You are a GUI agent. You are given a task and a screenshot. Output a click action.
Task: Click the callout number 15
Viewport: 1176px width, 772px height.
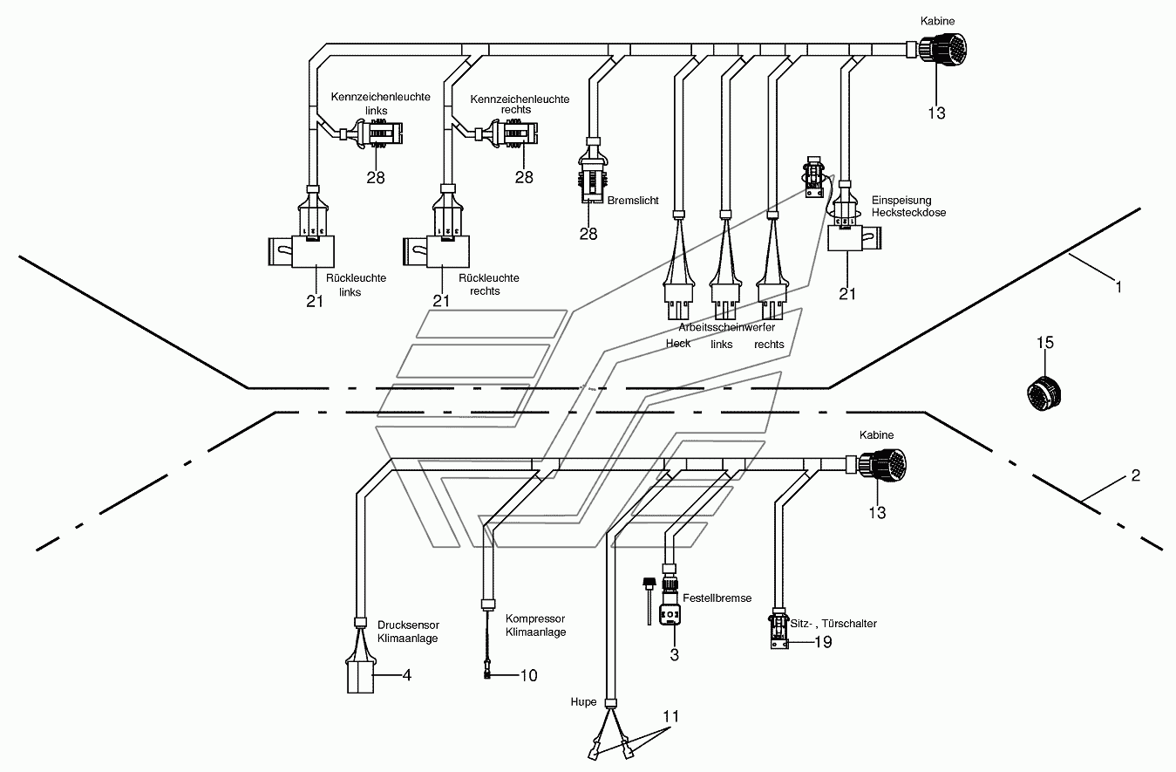1044,343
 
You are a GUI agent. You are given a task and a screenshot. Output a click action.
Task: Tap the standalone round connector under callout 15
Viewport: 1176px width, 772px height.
1043,393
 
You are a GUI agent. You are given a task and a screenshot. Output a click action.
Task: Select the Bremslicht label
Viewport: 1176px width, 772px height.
633,200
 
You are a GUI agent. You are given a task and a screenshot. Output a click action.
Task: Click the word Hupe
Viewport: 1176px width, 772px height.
583,701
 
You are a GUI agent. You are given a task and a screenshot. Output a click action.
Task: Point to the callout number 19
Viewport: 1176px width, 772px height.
823,642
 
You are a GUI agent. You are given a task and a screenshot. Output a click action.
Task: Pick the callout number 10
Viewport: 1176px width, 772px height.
528,675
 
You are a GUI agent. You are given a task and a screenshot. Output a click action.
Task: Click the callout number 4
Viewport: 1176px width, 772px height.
407,675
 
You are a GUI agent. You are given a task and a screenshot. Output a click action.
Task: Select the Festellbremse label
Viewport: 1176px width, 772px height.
717,598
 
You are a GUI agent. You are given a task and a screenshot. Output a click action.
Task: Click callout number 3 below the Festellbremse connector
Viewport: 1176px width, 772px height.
674,655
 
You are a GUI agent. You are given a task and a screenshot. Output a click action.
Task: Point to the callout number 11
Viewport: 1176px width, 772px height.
671,716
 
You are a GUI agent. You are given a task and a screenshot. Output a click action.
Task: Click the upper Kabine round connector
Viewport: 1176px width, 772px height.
943,50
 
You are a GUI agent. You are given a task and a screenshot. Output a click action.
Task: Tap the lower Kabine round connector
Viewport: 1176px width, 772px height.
882,465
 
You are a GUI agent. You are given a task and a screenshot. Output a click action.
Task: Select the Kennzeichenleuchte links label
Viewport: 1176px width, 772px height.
380,104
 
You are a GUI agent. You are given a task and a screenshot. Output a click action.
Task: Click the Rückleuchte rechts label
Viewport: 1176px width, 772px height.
488,284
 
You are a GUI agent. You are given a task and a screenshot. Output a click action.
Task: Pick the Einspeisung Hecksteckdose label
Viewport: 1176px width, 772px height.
908,207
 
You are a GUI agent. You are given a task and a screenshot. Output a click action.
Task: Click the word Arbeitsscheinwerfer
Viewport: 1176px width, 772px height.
726,327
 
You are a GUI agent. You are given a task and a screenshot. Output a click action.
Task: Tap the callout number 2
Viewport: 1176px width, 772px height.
1136,475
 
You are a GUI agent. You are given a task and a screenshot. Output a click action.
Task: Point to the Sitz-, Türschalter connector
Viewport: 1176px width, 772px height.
779,629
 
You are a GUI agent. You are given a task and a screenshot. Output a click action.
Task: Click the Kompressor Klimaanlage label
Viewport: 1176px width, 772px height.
535,625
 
